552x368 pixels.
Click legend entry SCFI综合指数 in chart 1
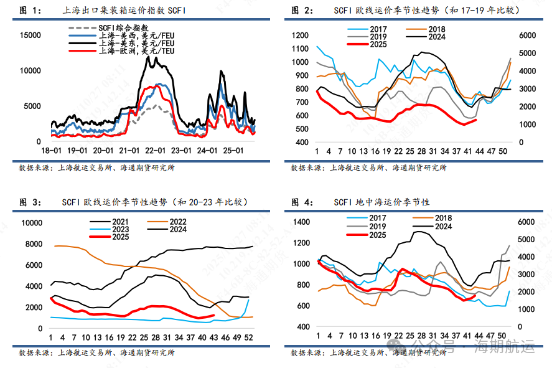pyautogui.click(x=124, y=28)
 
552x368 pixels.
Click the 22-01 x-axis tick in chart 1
pyautogui.click(x=155, y=151)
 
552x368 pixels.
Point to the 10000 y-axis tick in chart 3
pyautogui.click(x=32, y=223)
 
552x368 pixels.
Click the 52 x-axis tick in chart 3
pyautogui.click(x=250, y=337)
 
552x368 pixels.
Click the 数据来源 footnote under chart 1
pyautogui.click(x=96, y=167)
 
